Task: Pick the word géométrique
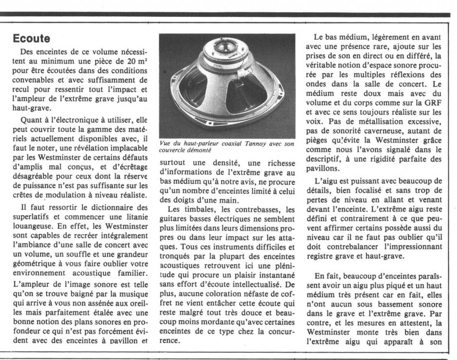[x=33, y=264]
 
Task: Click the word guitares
[x=175, y=219]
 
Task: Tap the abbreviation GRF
[x=432, y=103]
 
